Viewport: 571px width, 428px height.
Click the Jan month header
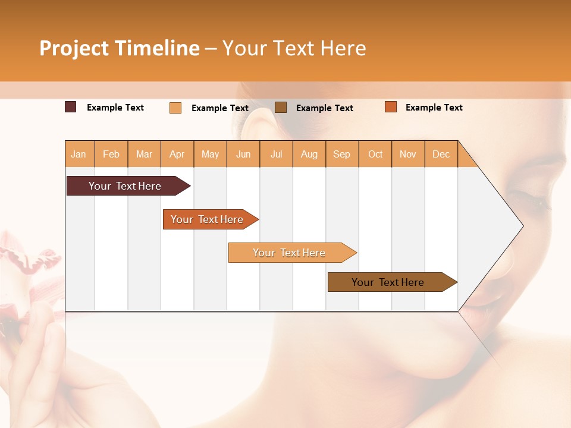[x=79, y=154]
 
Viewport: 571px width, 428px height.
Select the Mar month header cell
[x=144, y=154]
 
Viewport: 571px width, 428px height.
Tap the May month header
[x=210, y=154]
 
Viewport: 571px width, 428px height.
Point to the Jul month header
[x=276, y=154]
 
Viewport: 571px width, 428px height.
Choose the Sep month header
[x=341, y=154]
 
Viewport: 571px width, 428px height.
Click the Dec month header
[x=441, y=154]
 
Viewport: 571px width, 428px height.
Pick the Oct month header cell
[x=375, y=154]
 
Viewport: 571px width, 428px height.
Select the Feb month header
[x=111, y=154]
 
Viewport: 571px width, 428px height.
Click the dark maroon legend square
[x=71, y=107]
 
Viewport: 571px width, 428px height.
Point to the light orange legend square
[x=175, y=108]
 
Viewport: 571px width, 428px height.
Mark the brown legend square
[x=281, y=107]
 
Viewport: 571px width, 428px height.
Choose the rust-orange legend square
[x=390, y=107]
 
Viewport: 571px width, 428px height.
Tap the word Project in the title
[x=74, y=48]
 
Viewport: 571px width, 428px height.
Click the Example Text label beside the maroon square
[x=115, y=108]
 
